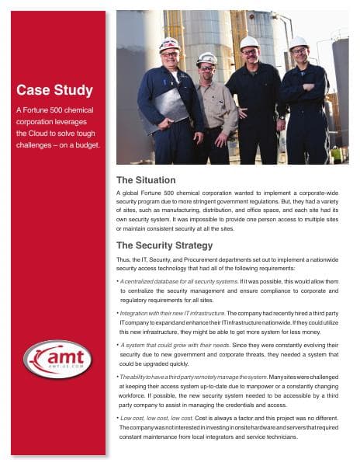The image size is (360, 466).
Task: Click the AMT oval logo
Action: [x=58, y=360]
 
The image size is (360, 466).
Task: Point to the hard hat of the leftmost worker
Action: [x=169, y=43]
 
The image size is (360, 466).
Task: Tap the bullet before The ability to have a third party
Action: [x=116, y=376]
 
